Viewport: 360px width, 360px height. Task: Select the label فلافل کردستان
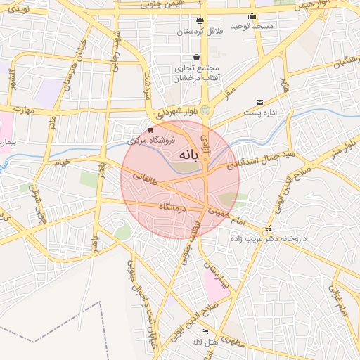(x=200, y=32)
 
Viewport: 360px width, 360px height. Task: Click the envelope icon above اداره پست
(x=260, y=102)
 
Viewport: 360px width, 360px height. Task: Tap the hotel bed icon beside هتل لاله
(x=205, y=331)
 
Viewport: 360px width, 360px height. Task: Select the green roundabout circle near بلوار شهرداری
(x=205, y=110)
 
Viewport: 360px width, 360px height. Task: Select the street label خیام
(x=63, y=163)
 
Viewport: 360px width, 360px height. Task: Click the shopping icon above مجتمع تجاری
(x=196, y=58)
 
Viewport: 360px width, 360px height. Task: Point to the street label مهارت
(x=23, y=110)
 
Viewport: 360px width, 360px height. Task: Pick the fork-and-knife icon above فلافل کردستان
(x=200, y=20)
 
